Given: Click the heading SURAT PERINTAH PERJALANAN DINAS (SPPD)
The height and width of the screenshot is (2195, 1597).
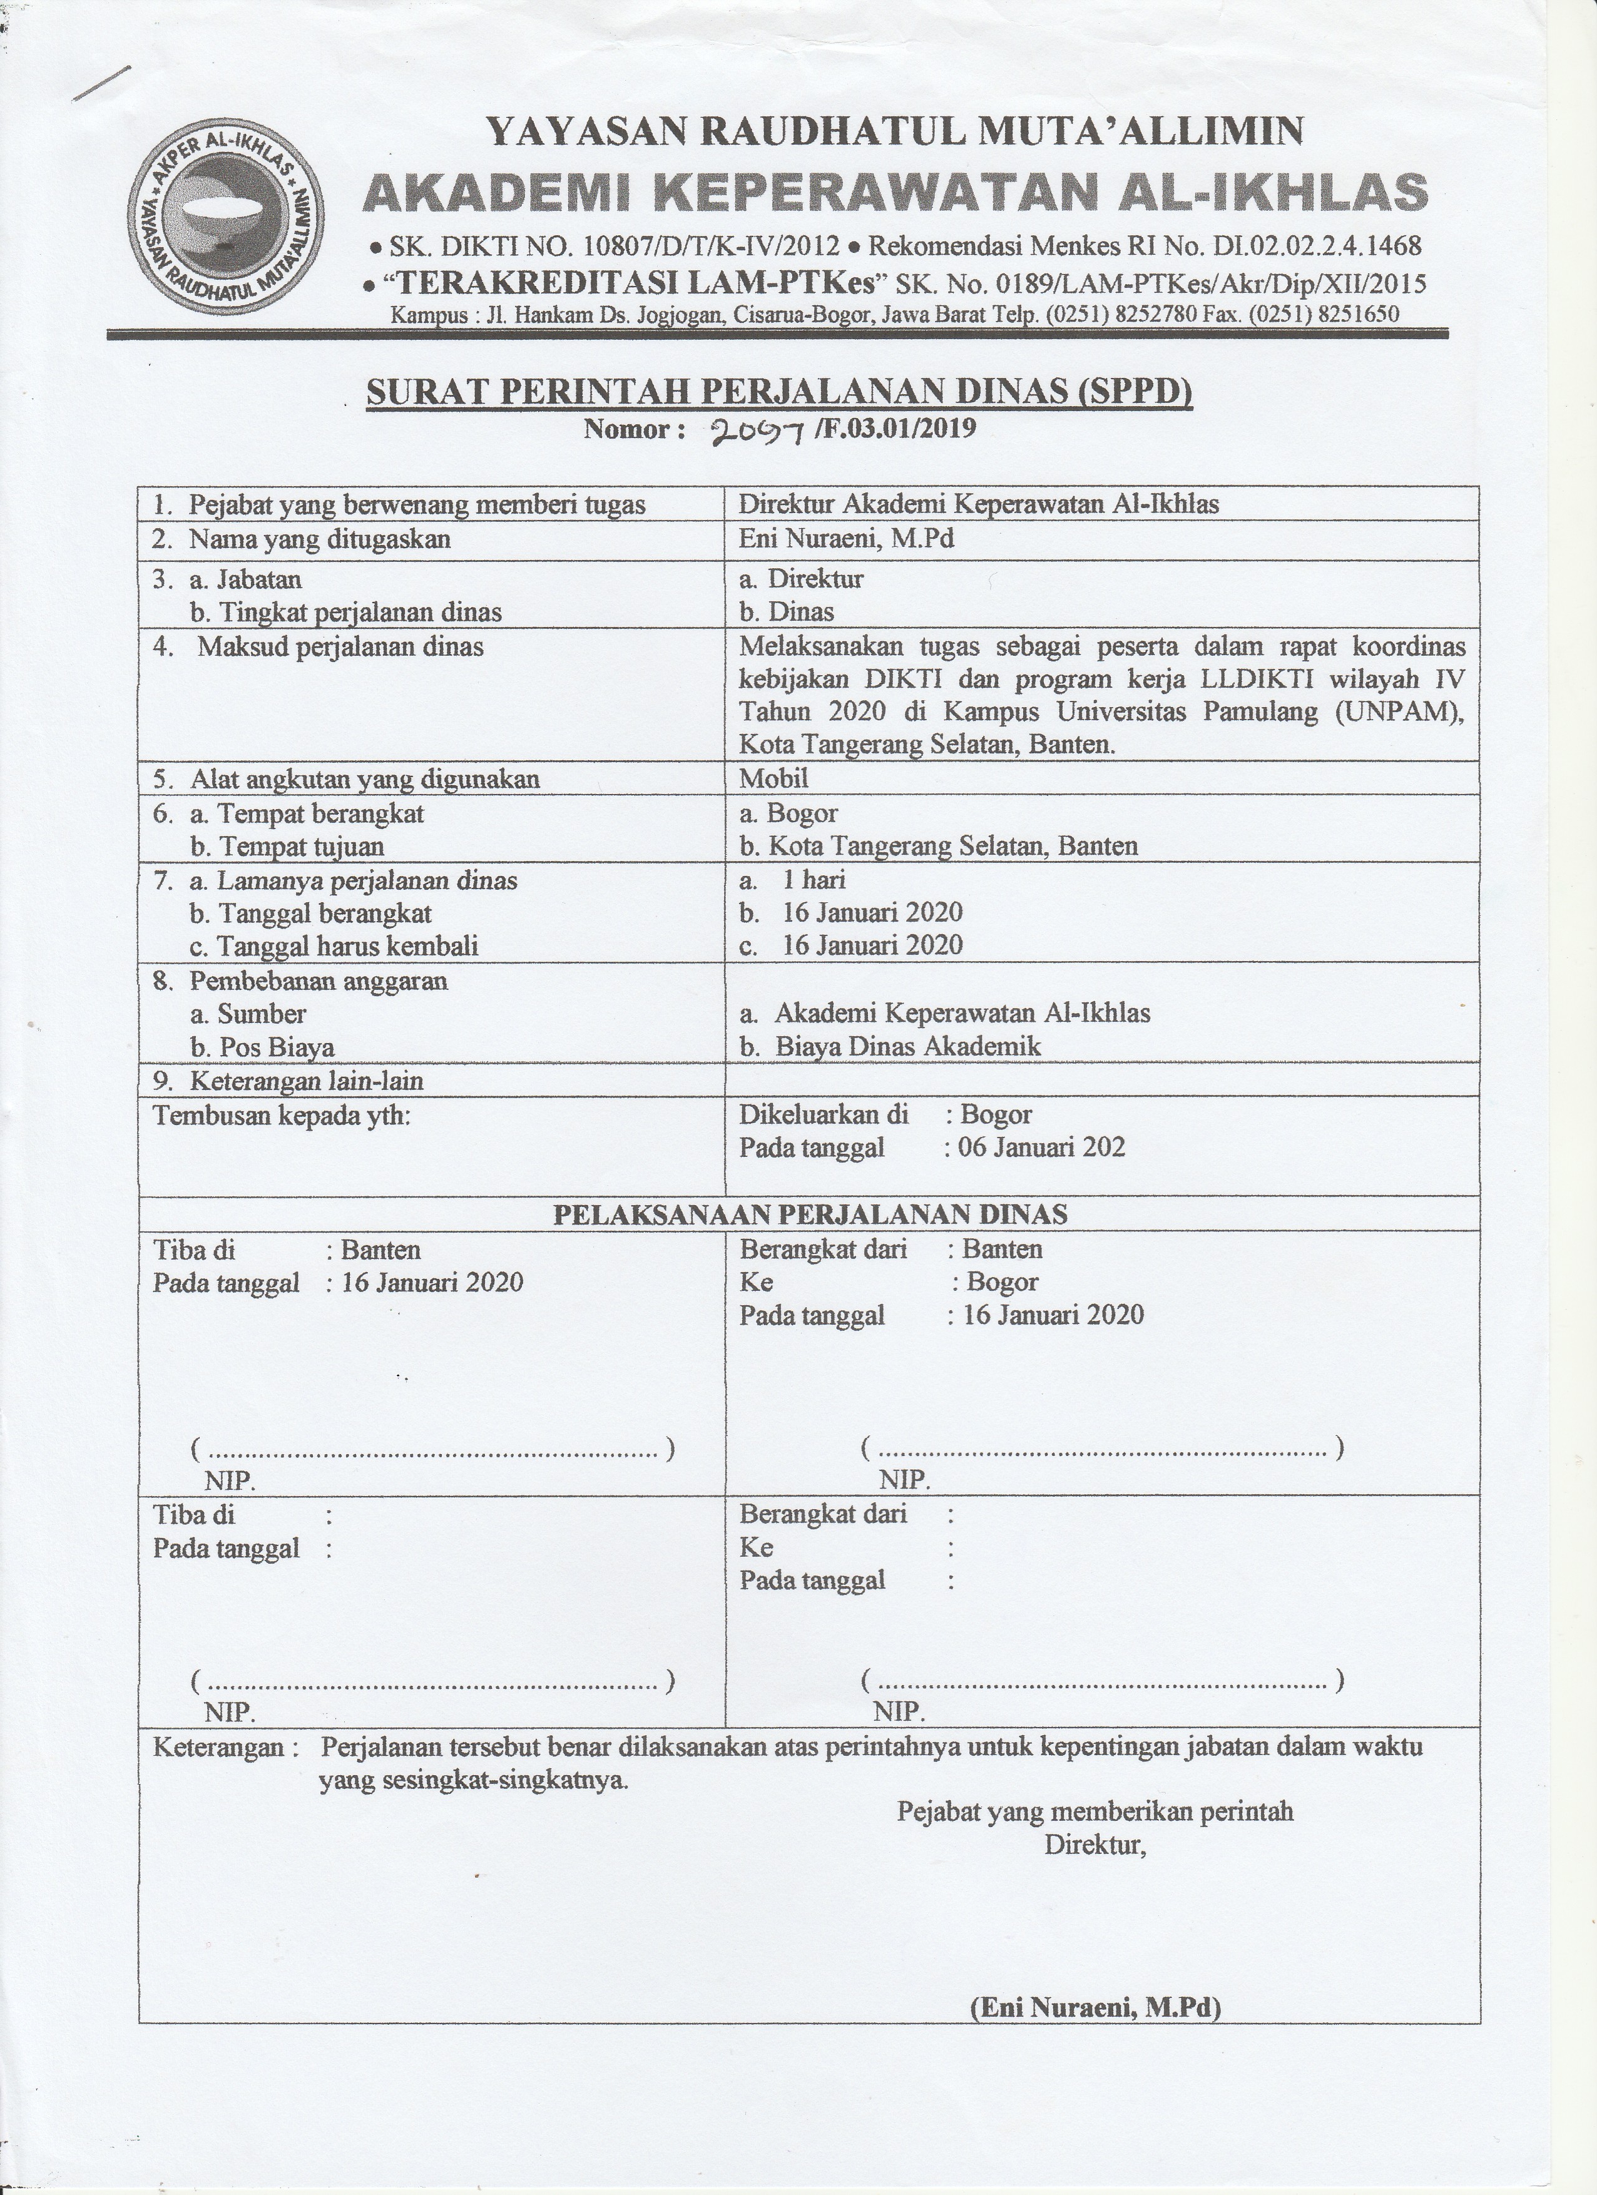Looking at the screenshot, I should tap(778, 392).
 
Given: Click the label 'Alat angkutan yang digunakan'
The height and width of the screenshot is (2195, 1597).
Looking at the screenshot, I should tap(364, 779).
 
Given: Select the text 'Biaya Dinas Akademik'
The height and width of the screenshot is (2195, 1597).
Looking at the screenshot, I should tap(908, 1046).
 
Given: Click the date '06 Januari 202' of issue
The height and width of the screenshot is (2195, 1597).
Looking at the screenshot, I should tap(1041, 1148).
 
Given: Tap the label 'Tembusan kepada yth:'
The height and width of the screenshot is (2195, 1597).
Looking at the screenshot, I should tap(282, 1116).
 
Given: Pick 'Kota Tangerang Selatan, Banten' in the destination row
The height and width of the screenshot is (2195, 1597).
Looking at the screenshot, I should tap(952, 847).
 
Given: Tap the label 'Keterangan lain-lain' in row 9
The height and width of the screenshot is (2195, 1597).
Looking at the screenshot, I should tap(306, 1081).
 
